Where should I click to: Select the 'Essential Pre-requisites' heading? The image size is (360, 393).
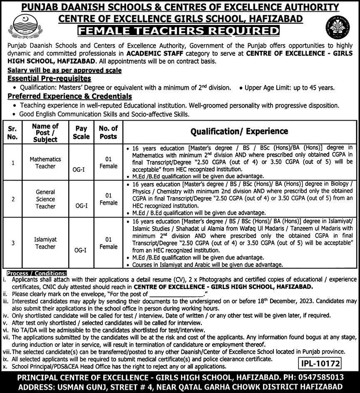pyautogui.click(x=49, y=78)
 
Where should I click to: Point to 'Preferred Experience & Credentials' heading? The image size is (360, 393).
pyautogui.click(x=70, y=96)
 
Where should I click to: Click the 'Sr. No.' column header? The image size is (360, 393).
pyautogui.click(x=13, y=132)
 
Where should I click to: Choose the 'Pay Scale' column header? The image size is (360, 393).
pyautogui.click(x=81, y=132)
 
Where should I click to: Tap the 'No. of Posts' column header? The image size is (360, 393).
pyautogui.click(x=108, y=132)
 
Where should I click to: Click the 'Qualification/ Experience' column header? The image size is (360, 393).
pyautogui.click(x=239, y=131)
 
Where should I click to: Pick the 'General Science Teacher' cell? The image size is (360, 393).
pyautogui.click(x=45, y=199)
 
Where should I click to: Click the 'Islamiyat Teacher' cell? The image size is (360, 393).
pyautogui.click(x=45, y=243)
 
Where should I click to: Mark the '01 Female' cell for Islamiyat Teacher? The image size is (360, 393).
pyautogui.click(x=108, y=243)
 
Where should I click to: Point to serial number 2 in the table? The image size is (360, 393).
pyautogui.click(x=13, y=199)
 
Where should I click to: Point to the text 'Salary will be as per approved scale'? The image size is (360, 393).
pyautogui.click(x=65, y=71)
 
